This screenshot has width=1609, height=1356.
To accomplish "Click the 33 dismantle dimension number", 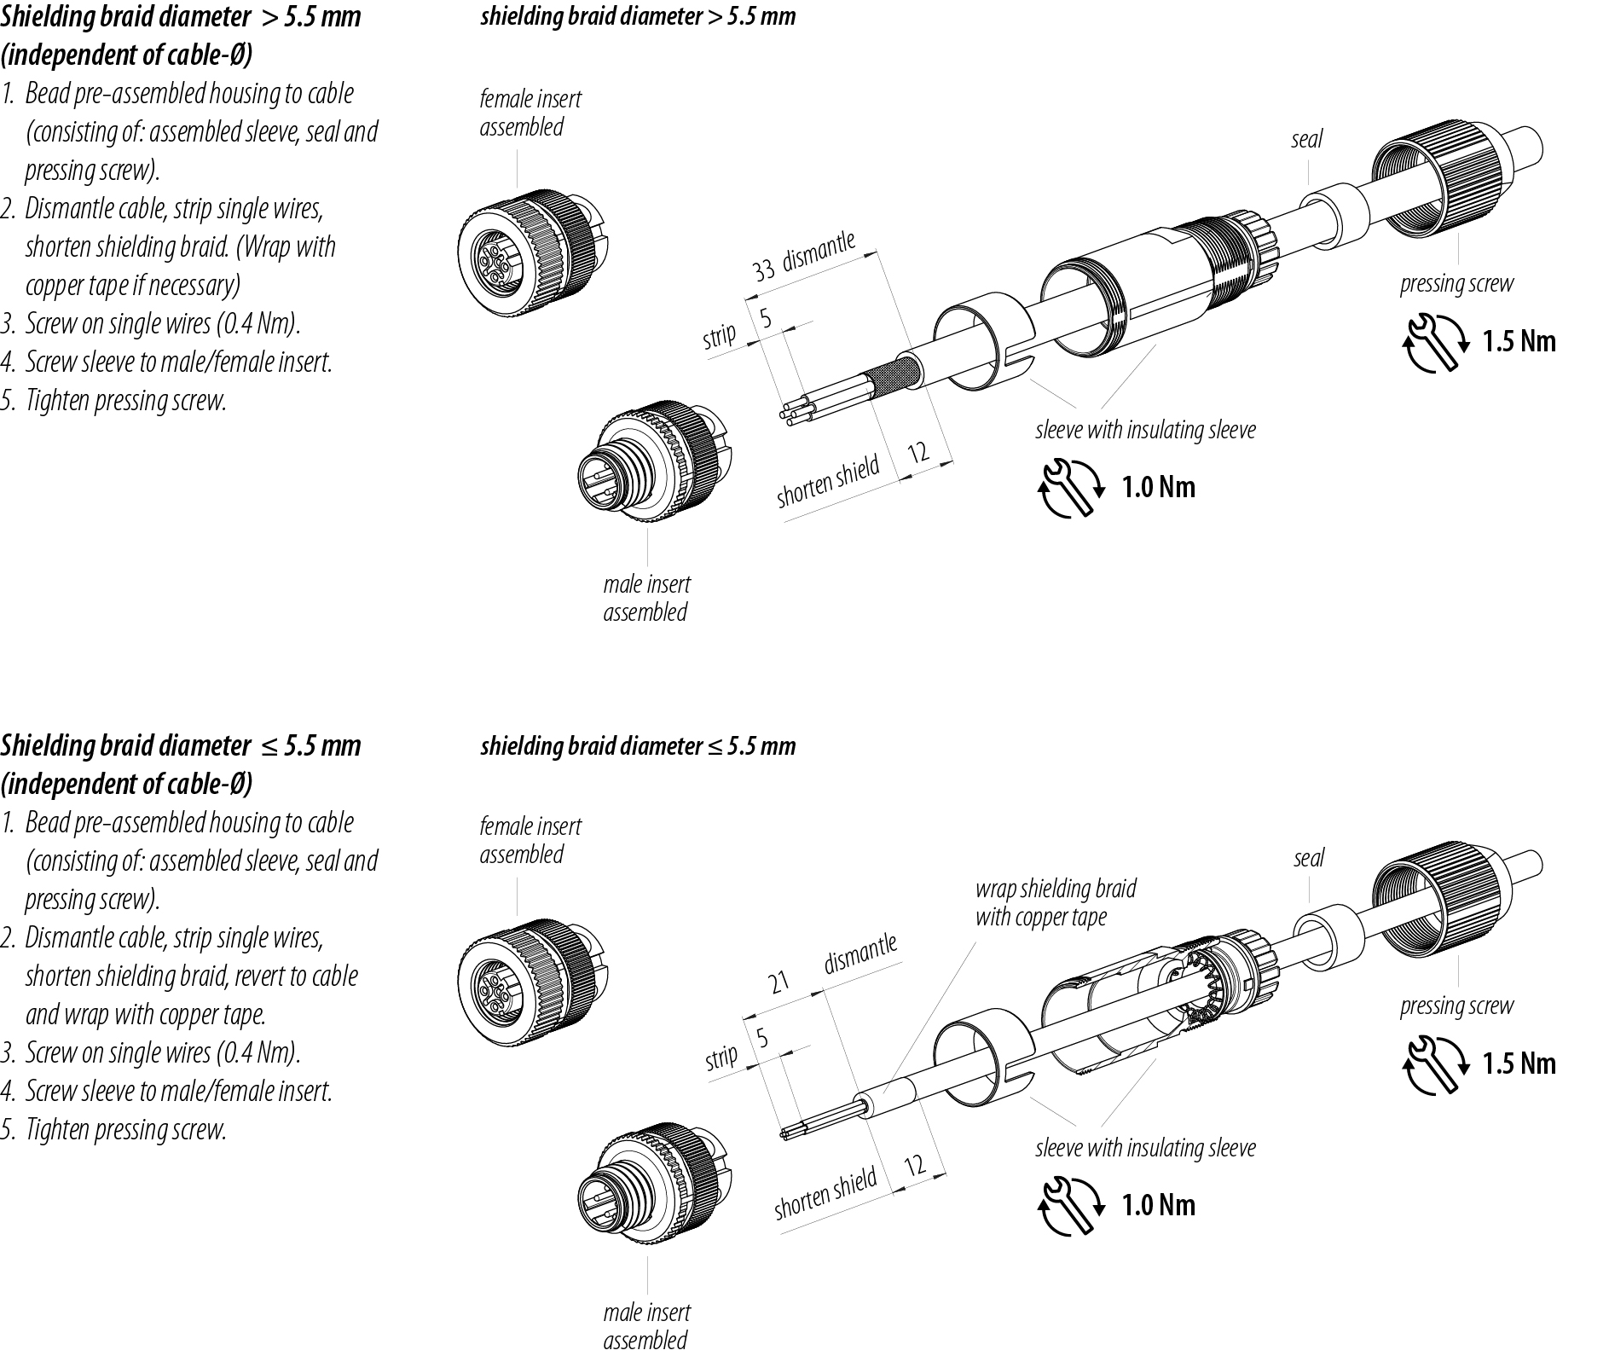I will point(763,270).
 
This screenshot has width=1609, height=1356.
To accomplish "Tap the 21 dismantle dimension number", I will point(779,983).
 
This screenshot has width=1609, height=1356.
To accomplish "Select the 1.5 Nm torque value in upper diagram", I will point(1519,341).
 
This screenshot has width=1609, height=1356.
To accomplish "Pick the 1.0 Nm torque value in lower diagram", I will point(1158,1204).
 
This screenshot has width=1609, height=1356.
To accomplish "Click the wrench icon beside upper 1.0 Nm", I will point(1068,487).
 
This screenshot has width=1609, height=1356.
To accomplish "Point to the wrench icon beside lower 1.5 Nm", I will point(1434,1063).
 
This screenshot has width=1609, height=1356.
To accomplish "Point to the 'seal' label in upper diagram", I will point(1306,139).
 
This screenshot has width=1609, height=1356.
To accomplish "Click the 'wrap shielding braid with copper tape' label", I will point(1055,902).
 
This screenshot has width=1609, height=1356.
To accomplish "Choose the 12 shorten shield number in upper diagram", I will point(917,452).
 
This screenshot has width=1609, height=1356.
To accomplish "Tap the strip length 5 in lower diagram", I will point(762,1038).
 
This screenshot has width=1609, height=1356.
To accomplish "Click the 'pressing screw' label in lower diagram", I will point(1456,1006).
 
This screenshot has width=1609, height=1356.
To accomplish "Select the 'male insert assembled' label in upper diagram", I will point(646,598).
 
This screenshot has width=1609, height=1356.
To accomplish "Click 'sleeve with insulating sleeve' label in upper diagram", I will point(1145,430).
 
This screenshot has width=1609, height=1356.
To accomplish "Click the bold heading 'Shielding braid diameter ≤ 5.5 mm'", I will point(180,745).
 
